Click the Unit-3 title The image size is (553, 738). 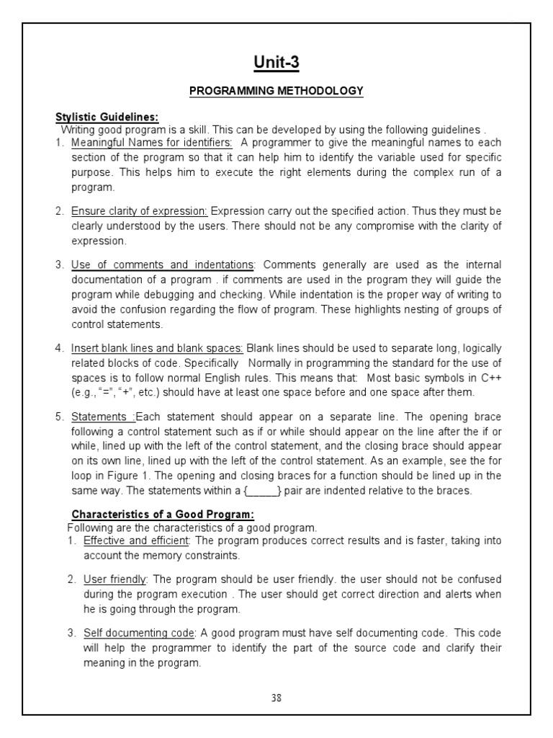(x=276, y=63)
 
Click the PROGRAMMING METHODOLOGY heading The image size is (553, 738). (x=276, y=91)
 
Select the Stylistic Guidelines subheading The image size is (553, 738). (x=107, y=117)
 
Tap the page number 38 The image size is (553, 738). (x=276, y=698)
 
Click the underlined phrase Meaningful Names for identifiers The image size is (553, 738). (x=151, y=142)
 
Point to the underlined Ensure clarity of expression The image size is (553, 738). (x=140, y=210)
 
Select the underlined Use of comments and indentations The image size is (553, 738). (x=162, y=265)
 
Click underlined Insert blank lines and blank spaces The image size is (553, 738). (x=158, y=348)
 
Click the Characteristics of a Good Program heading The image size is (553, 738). (x=163, y=514)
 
